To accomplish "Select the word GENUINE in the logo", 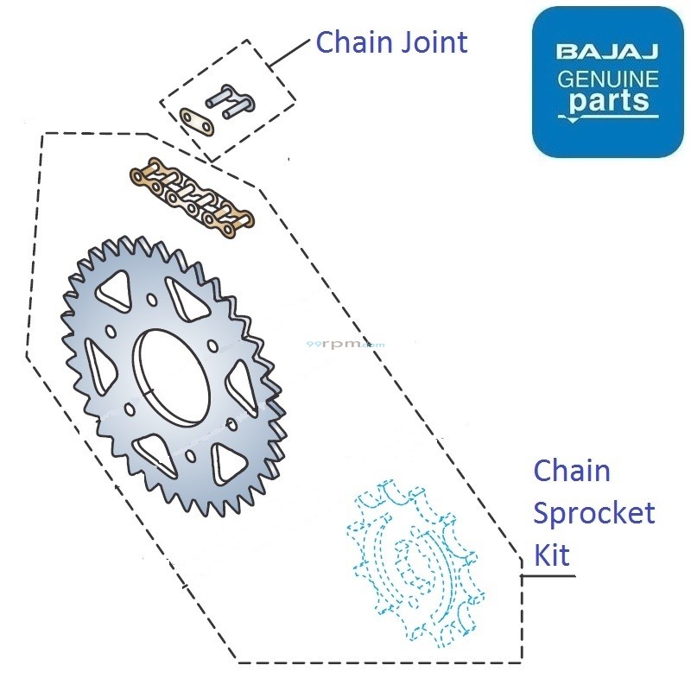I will pos(607,79).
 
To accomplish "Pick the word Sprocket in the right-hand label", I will pos(593,514).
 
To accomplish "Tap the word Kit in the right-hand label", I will pos(552,555).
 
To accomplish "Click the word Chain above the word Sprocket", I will pos(571,472).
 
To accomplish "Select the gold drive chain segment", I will pos(193,196).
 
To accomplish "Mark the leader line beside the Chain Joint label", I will pos(289,54).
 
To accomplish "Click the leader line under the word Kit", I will pos(548,575).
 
